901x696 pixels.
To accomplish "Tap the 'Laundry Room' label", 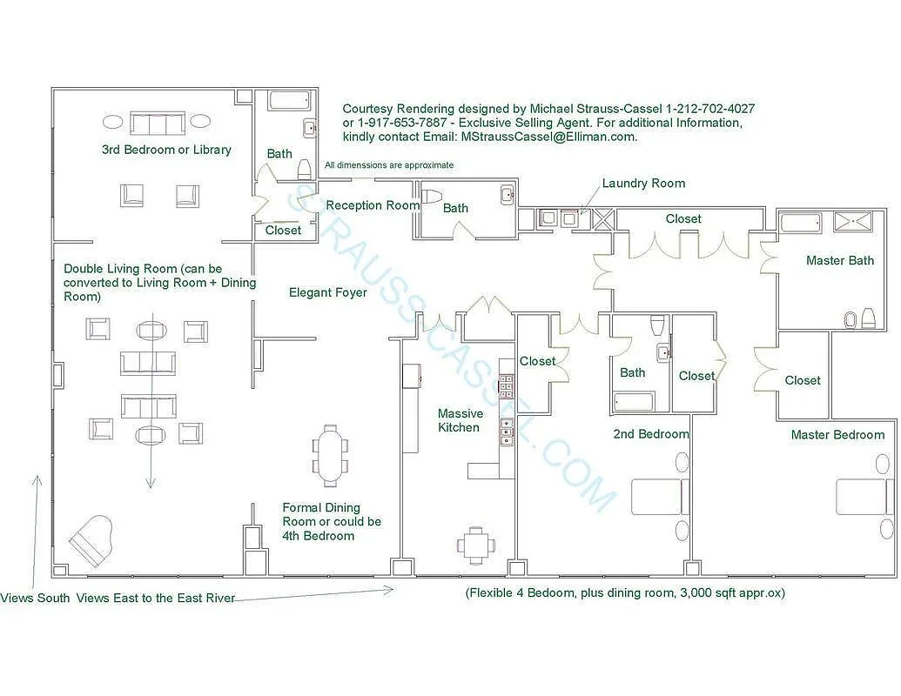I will (x=643, y=184).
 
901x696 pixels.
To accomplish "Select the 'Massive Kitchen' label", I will (x=459, y=420).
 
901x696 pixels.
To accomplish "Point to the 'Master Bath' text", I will (x=839, y=260).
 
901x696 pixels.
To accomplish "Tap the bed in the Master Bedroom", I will (x=864, y=497).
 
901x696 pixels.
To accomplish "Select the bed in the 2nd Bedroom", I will (x=657, y=497).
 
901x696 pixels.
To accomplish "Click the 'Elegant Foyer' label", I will (x=328, y=293).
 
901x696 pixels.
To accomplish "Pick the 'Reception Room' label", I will (x=373, y=205).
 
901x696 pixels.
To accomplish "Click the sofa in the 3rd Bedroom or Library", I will (x=157, y=123).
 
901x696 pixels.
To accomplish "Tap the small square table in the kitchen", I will (x=475, y=545).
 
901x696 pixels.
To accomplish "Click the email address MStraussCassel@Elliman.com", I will (x=548, y=137).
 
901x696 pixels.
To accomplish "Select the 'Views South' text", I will (x=35, y=598).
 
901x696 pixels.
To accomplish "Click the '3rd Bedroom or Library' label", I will (x=166, y=150).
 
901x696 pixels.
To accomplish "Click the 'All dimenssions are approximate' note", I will (x=389, y=165).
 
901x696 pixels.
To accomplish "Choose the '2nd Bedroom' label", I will (x=651, y=434).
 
